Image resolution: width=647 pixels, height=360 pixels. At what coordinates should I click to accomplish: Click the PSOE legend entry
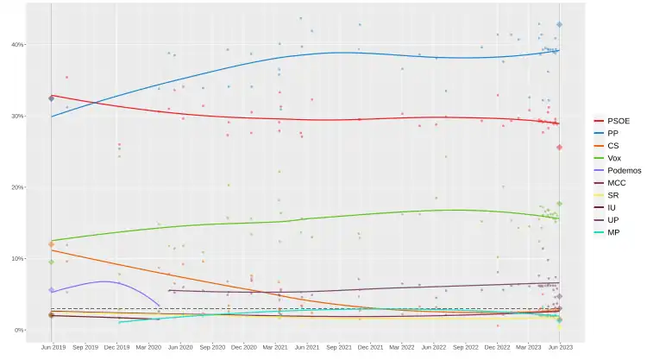pyautogui.click(x=618, y=121)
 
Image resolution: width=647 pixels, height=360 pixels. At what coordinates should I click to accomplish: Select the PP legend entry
pyautogui.click(x=613, y=134)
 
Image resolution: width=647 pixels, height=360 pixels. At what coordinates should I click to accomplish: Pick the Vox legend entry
pyautogui.click(x=614, y=159)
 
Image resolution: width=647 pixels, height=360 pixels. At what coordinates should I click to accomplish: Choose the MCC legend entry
pyautogui.click(x=616, y=183)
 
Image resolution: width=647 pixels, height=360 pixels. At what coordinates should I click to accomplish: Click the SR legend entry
pyautogui.click(x=613, y=196)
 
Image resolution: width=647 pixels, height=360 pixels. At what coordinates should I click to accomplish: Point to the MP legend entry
pyautogui.click(x=613, y=233)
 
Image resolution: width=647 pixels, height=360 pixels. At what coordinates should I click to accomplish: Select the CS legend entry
pyautogui.click(x=613, y=146)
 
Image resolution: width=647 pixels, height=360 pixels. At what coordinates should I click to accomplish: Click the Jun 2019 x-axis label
pyautogui.click(x=53, y=347)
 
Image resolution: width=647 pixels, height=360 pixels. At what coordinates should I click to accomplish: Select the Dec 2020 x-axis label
pyautogui.click(x=243, y=347)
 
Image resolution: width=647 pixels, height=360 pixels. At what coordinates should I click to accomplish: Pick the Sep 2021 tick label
pyautogui.click(x=339, y=347)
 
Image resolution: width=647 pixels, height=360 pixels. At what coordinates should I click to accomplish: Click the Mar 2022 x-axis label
pyautogui.click(x=402, y=347)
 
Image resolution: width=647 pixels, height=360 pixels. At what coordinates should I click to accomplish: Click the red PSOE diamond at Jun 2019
pyautogui.click(x=52, y=98)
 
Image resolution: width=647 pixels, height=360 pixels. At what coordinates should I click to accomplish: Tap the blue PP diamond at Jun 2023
pyautogui.click(x=560, y=25)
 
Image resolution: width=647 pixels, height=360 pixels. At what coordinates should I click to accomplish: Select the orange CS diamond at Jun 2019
pyautogui.click(x=52, y=244)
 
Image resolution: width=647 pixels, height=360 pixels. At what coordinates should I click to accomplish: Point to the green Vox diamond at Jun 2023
pyautogui.click(x=560, y=204)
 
